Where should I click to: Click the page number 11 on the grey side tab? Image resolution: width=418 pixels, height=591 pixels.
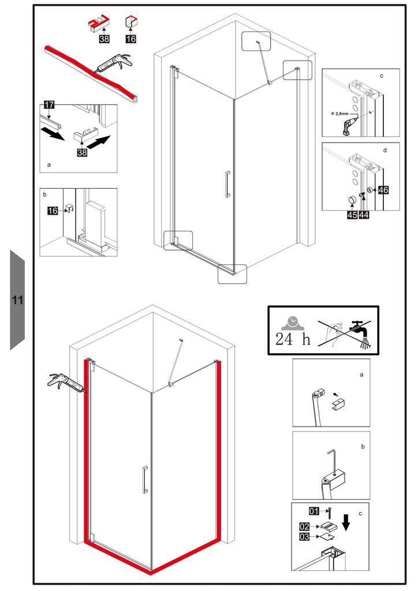click(x=17, y=300)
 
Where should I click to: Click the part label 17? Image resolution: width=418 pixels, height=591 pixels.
click(x=50, y=105)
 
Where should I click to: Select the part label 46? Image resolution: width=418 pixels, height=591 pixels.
click(x=383, y=190)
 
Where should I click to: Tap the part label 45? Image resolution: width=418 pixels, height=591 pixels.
click(x=352, y=215)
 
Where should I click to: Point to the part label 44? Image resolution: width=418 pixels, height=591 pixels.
click(x=364, y=215)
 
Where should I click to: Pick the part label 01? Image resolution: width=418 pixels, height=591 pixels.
click(x=314, y=511)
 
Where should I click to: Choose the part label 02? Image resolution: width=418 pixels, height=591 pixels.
click(x=304, y=526)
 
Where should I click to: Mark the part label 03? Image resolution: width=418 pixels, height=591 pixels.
click(x=304, y=536)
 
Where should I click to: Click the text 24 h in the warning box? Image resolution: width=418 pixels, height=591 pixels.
click(x=293, y=339)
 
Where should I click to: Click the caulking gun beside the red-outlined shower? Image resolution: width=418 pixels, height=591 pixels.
click(x=67, y=383)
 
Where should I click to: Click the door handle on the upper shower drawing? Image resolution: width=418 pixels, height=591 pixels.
click(x=227, y=184)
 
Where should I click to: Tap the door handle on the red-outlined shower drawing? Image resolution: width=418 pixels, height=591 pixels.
click(x=144, y=480)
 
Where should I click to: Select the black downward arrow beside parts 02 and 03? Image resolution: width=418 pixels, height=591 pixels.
click(x=346, y=522)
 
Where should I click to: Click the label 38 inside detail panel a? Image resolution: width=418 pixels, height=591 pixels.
click(x=82, y=152)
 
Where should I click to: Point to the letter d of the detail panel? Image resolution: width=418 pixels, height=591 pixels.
click(x=385, y=151)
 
